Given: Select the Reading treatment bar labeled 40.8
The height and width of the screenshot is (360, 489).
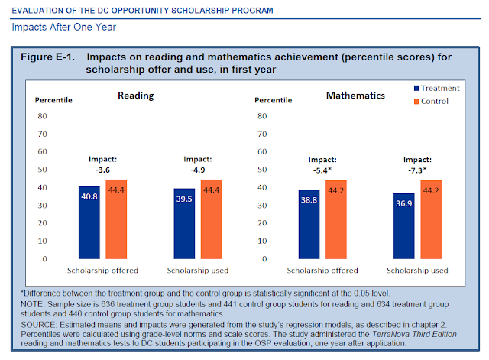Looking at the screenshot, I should click(89, 222).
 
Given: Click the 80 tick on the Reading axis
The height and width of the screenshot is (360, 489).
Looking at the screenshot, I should click(43, 116).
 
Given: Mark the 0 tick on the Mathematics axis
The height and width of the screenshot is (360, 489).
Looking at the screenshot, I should click(261, 259).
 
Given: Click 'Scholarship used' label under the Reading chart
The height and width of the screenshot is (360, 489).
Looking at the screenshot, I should click(197, 271).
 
